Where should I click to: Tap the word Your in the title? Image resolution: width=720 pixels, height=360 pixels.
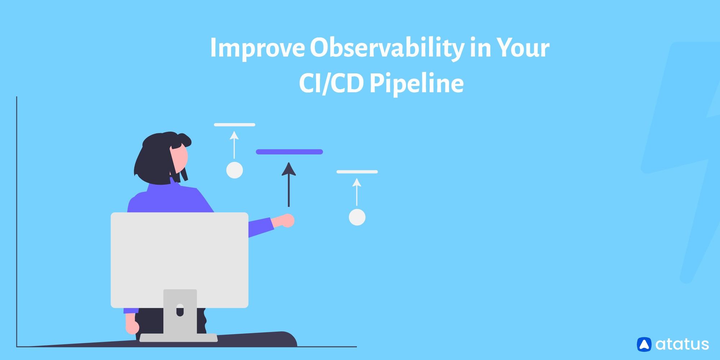click(523, 48)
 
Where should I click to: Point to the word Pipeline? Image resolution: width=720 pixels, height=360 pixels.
click(416, 84)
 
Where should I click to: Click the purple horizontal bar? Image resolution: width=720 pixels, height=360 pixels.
click(289, 152)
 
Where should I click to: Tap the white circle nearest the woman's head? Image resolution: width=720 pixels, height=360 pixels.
click(234, 170)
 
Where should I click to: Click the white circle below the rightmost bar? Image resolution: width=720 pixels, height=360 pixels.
click(357, 217)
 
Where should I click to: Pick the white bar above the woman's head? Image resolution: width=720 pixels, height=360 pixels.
click(234, 125)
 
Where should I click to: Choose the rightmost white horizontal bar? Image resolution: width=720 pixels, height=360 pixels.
click(357, 172)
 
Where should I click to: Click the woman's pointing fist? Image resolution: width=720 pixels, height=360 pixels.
click(287, 221)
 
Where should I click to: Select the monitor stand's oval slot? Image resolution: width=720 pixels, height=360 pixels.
click(180, 310)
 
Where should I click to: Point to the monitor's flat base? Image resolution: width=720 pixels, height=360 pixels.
click(179, 338)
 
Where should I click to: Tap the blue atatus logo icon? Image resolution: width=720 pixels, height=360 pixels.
click(644, 344)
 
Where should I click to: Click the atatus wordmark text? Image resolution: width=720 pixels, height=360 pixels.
click(682, 344)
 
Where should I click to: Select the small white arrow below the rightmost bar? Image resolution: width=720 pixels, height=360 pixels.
click(357, 192)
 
